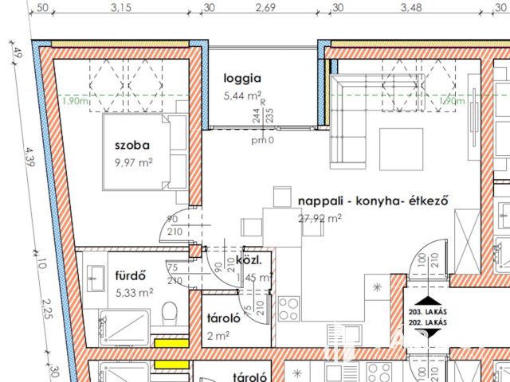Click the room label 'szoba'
pyautogui.click(x=132, y=146)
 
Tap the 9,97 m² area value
pyautogui.click(x=133, y=163)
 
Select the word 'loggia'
pyautogui.click(x=242, y=79)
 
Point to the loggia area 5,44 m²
pyautogui.click(x=243, y=96)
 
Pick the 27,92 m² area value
pyautogui.click(x=320, y=217)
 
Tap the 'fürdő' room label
pyautogui.click(x=129, y=277)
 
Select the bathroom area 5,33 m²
pyautogui.click(x=134, y=292)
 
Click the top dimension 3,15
pyautogui.click(x=121, y=8)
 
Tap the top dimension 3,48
pyautogui.click(x=411, y=8)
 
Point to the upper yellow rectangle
pyautogui.click(x=171, y=344)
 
